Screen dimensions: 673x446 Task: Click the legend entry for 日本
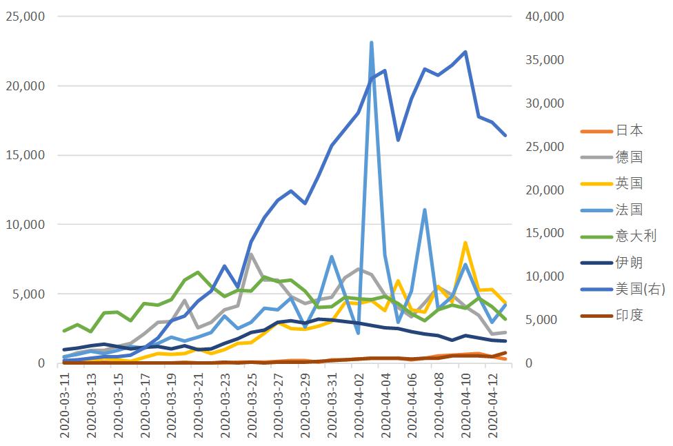(612, 130)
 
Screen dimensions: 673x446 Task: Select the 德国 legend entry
(612, 156)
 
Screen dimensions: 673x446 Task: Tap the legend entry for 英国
(612, 183)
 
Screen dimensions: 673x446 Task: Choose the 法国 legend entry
(612, 210)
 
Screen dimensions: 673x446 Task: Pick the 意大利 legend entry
(619, 236)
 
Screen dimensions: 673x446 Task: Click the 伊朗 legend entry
(612, 262)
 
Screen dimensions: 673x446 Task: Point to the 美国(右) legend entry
(623, 289)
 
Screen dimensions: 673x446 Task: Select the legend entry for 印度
(612, 316)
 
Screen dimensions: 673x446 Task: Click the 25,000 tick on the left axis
(26, 17)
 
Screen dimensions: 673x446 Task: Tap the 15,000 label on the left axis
(26, 155)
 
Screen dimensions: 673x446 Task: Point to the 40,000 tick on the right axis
(545, 17)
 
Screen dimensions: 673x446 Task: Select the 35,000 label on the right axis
(545, 60)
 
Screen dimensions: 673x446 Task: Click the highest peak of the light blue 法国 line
(371, 43)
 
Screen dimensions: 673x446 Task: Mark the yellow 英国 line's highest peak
(465, 243)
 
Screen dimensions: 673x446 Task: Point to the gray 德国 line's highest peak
(251, 254)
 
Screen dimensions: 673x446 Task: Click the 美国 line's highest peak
(465, 52)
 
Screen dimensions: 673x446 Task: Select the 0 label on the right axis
(529, 363)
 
